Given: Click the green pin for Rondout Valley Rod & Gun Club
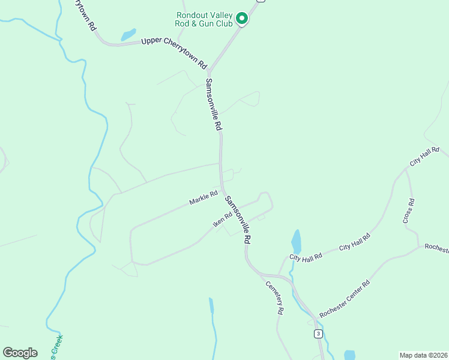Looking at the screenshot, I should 241,19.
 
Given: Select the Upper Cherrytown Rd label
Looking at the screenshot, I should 174,52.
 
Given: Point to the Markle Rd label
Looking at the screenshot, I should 203,198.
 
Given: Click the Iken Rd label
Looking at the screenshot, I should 222,220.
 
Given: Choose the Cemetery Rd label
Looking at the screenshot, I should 275,298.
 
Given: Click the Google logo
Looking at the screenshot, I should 20,353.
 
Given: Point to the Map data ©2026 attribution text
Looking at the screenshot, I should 423,355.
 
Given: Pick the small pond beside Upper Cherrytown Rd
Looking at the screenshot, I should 128,35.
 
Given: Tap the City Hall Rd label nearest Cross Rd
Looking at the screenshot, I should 424,156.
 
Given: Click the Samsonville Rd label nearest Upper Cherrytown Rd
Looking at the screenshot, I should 214,105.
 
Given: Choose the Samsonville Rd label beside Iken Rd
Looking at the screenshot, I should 238,218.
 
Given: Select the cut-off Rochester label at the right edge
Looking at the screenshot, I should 436,248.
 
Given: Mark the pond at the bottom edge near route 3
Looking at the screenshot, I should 349,355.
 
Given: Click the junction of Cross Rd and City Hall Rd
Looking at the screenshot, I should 406,169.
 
